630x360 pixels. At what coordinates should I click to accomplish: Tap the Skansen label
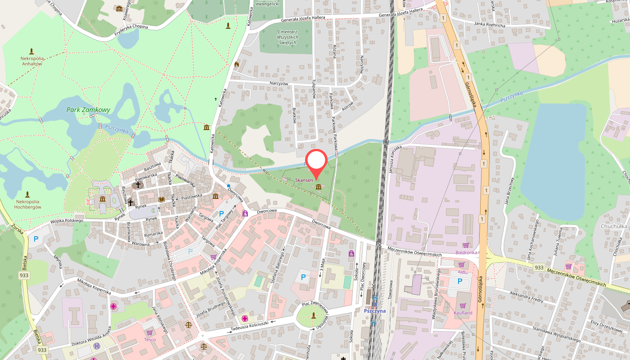coord(304,180)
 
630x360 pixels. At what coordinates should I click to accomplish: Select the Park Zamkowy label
coord(88,110)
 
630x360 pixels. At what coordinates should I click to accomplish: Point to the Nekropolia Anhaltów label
coord(31,61)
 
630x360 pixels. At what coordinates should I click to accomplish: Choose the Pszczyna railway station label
coord(374,311)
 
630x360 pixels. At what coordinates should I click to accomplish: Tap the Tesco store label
coord(150,339)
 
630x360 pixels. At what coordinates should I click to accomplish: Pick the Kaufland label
coord(463,313)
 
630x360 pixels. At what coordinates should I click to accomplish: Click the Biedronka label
coord(466,252)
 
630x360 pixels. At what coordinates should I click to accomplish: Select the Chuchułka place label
coord(614,226)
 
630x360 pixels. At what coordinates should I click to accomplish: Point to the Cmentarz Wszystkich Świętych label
coord(288,37)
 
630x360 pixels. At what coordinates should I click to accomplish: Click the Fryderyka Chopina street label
coord(131,29)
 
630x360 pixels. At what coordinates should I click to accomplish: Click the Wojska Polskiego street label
coord(67,221)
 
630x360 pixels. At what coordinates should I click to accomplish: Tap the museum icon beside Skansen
coord(318,186)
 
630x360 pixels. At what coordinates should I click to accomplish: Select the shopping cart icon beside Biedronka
coord(466,245)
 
